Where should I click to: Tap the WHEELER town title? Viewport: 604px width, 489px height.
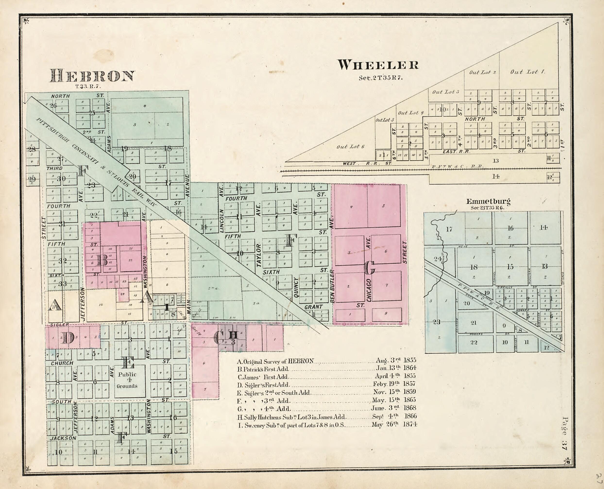click(x=378, y=65)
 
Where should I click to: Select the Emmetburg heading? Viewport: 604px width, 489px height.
click(x=488, y=201)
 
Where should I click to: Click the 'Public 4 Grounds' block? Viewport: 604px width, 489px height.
click(x=127, y=380)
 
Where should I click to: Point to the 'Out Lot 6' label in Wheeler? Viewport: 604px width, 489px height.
click(x=350, y=146)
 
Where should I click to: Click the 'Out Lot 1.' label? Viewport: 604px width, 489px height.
click(x=527, y=72)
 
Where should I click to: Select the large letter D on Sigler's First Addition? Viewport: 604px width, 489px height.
click(x=68, y=337)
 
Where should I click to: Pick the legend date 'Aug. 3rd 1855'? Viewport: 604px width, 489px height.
click(x=396, y=360)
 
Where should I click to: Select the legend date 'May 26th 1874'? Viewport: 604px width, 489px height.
click(x=394, y=424)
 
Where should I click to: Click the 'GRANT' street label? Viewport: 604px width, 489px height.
click(x=313, y=307)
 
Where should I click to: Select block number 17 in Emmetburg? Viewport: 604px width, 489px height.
click(x=449, y=229)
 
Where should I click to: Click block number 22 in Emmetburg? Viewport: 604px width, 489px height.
click(x=474, y=342)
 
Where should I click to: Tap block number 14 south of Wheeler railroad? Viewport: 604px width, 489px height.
click(x=495, y=176)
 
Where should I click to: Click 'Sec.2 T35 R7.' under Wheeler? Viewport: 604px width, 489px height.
click(x=381, y=78)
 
